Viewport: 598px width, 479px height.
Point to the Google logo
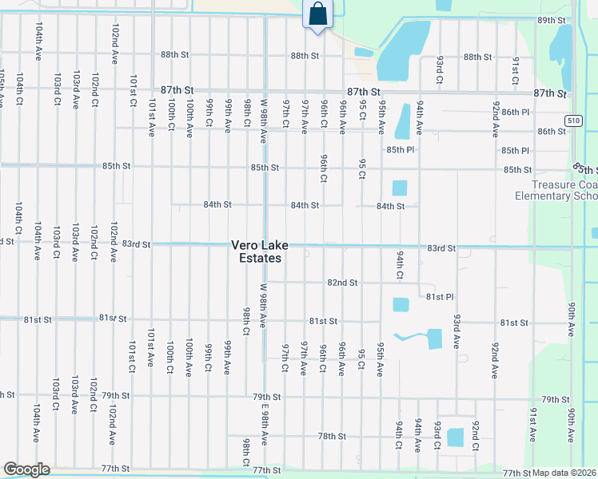pos(26,469)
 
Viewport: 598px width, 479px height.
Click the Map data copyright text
pos(564,473)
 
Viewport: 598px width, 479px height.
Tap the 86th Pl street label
pos(516,113)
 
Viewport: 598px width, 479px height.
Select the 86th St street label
pos(552,132)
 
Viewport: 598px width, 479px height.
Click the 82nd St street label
pos(341,283)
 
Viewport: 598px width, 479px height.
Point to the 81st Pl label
pos(440,296)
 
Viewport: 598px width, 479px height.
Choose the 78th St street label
pos(331,437)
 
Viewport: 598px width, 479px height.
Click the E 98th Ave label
pos(264,427)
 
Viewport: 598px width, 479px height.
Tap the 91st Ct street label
pos(516,70)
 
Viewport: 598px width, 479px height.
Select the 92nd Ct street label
pos(475,436)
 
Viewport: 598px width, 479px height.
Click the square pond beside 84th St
pos(400,188)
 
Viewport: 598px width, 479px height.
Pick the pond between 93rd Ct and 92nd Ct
pos(455,437)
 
